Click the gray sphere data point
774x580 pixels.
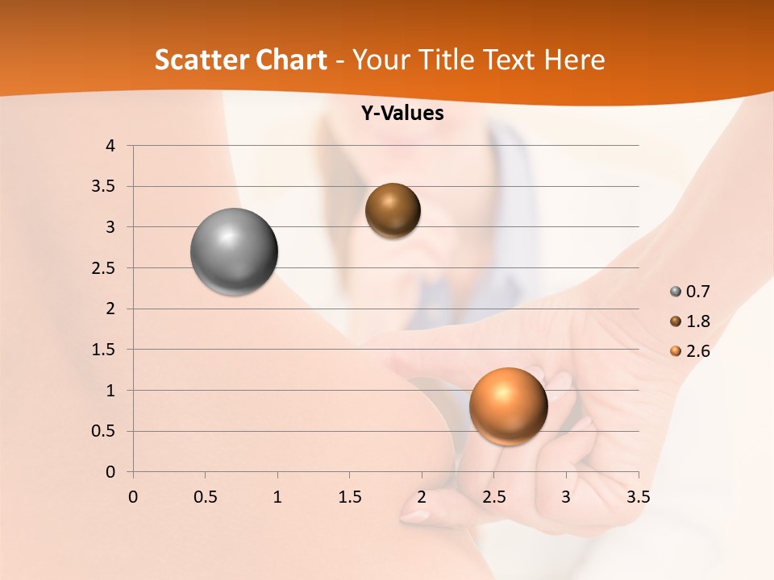tap(234, 251)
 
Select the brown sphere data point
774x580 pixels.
tap(393, 210)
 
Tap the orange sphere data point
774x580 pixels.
tap(508, 406)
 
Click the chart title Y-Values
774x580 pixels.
tap(402, 114)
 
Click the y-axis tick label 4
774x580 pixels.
tap(110, 146)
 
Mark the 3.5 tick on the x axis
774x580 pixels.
tap(638, 496)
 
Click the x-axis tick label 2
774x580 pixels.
tap(422, 496)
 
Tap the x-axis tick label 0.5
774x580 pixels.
tap(205, 496)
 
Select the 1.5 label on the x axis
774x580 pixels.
tap(349, 496)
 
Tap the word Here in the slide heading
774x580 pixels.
tap(573, 60)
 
